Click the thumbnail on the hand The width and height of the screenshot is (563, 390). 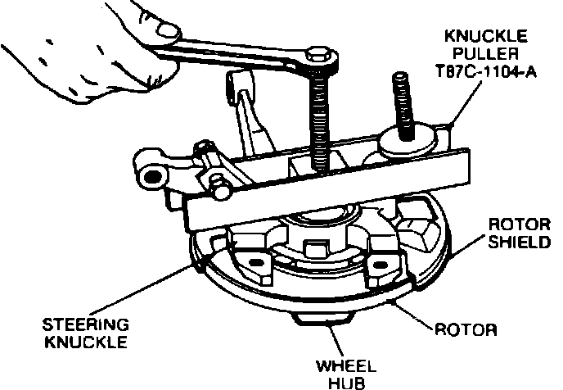tap(169, 31)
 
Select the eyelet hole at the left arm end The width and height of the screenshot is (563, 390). tap(151, 174)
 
